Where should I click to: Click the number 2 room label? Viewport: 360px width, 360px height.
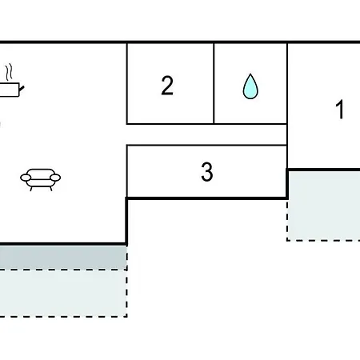point(167,86)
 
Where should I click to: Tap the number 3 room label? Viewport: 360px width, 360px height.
point(207,172)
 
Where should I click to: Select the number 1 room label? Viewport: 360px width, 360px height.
point(339,109)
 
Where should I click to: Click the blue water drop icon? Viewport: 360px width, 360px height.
point(250,86)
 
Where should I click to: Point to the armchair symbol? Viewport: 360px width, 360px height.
point(41,180)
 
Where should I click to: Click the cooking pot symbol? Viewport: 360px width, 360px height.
point(10,90)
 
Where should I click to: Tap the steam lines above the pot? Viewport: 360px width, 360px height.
point(10,71)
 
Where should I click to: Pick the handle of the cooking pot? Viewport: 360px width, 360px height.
point(22,89)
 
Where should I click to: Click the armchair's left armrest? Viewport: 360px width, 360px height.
point(26,178)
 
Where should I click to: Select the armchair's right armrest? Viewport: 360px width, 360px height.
point(55,178)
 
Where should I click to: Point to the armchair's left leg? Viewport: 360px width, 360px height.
point(31,188)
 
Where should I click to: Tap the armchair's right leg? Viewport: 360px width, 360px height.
point(50,188)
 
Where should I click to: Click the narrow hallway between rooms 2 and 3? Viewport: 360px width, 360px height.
point(206,134)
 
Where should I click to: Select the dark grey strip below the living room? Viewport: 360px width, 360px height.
point(63,258)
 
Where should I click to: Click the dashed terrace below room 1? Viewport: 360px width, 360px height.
point(324,206)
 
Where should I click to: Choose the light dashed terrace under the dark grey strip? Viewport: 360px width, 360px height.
point(63,293)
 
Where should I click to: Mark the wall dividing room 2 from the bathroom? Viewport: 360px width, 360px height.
point(214,83)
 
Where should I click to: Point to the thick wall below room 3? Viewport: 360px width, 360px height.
point(207,198)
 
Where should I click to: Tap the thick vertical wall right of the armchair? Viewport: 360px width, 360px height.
point(126,222)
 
